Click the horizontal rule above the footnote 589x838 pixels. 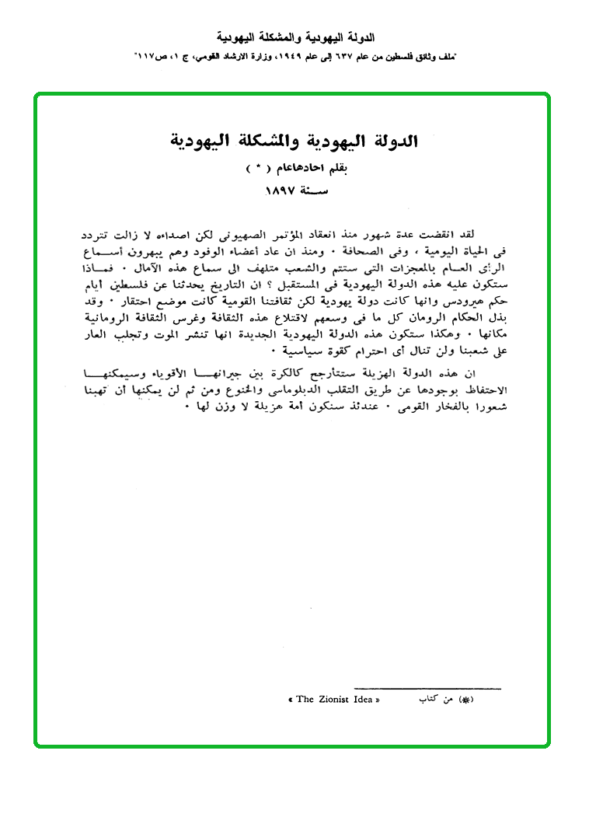[x=427, y=688]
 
